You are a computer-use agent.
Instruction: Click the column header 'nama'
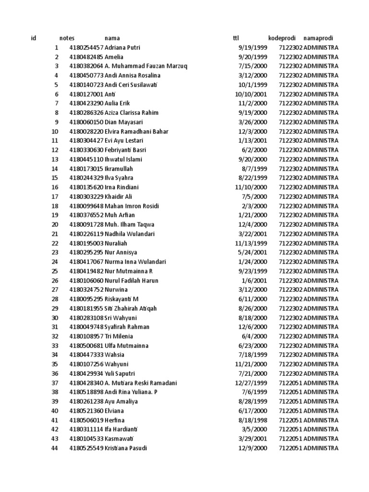pyautogui.click(x=112, y=38)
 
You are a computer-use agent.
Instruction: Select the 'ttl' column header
pyautogui.click(x=236, y=38)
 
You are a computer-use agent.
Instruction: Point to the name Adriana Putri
pyautogui.click(x=123, y=48)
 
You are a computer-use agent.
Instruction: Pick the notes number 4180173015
pyautogui.click(x=86, y=169)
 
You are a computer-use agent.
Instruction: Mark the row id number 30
pyautogui.click(x=54, y=318)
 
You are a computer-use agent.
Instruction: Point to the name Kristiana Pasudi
pyautogui.click(x=126, y=448)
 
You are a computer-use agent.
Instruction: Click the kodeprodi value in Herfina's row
pyautogui.click(x=290, y=420)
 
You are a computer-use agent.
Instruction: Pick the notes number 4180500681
pyautogui.click(x=86, y=346)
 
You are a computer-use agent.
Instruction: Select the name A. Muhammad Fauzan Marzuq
pyautogui.click(x=146, y=66)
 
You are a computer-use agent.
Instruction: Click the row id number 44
pyautogui.click(x=54, y=448)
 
